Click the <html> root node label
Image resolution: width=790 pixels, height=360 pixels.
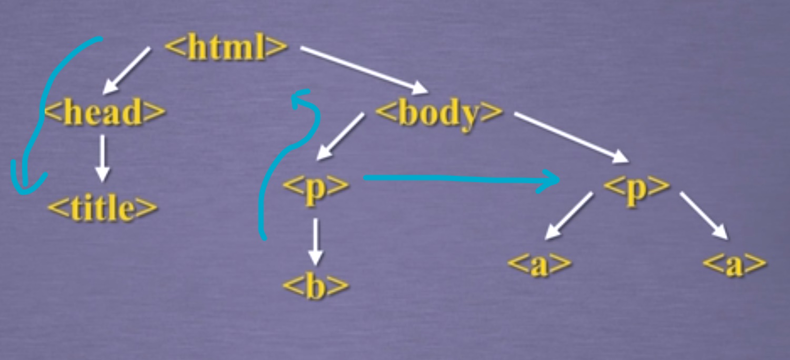click(x=226, y=48)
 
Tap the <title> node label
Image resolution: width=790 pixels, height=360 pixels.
click(x=103, y=209)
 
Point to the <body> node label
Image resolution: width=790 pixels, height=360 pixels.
click(x=438, y=113)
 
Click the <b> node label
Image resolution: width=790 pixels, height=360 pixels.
click(x=316, y=285)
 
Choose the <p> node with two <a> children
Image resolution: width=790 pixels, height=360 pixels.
click(x=637, y=185)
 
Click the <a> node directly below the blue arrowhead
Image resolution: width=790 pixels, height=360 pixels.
click(x=540, y=264)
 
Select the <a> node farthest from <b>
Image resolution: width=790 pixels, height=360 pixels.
click(x=735, y=264)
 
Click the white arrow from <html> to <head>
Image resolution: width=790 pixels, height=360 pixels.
click(x=126, y=71)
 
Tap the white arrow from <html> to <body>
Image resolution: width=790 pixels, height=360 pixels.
click(x=363, y=70)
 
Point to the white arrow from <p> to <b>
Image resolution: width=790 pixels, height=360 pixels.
click(x=315, y=241)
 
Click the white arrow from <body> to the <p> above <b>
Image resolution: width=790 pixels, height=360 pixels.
click(x=341, y=136)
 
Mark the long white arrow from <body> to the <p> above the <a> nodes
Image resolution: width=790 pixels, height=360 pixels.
click(x=571, y=136)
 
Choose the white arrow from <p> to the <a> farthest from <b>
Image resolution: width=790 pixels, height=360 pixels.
click(x=703, y=216)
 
